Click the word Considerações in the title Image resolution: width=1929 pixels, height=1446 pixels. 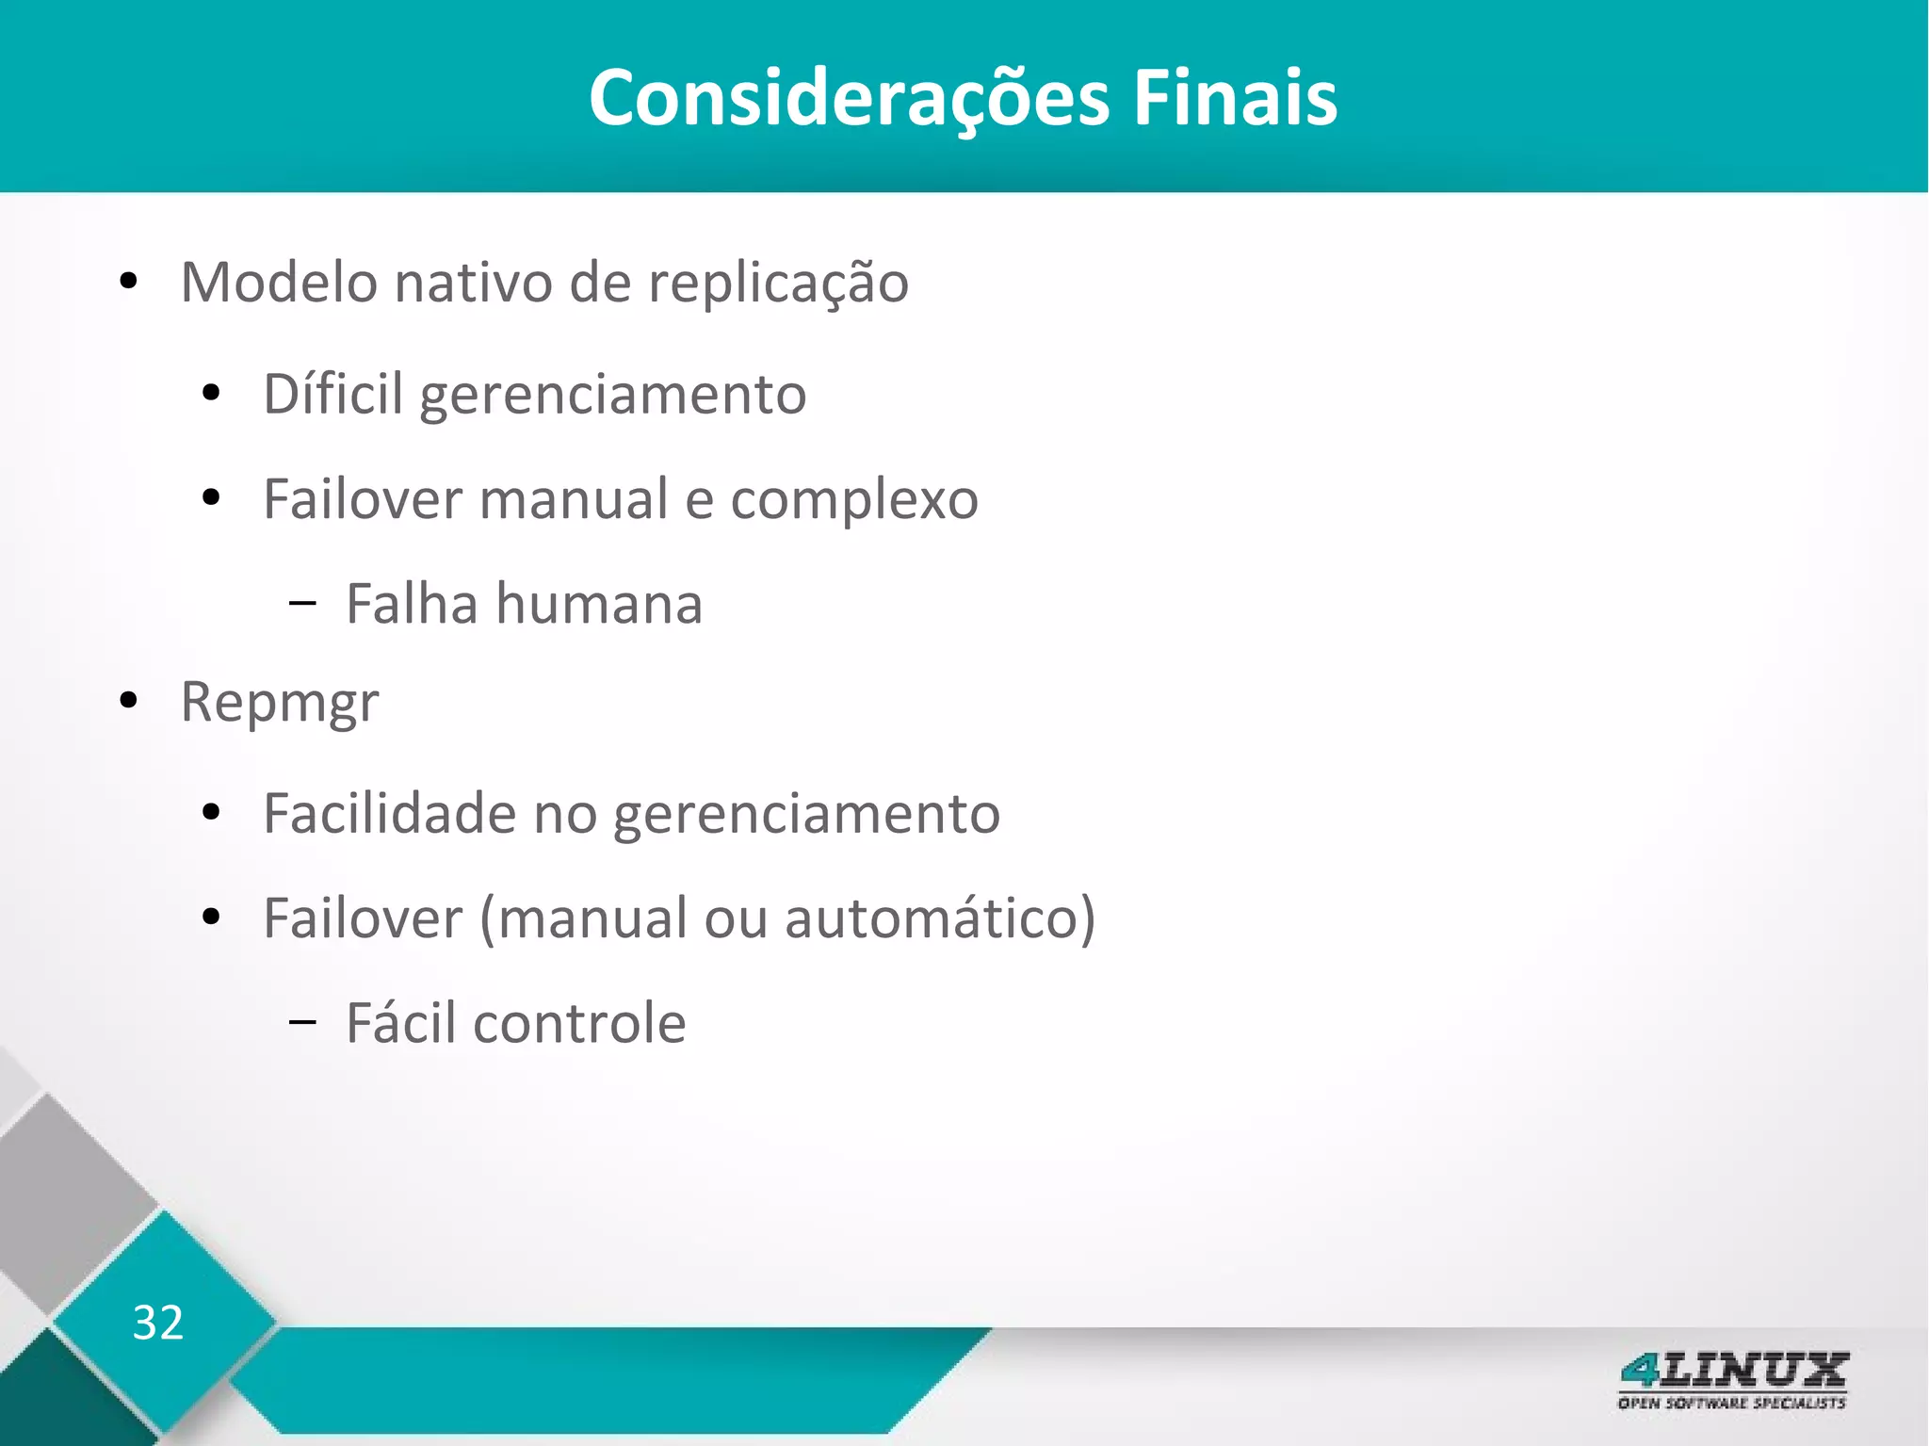click(849, 98)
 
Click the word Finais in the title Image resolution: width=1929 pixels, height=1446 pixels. click(1234, 98)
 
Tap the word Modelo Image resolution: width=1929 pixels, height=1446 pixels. click(279, 282)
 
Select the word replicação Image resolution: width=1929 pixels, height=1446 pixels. click(778, 284)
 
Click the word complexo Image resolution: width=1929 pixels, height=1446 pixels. click(854, 500)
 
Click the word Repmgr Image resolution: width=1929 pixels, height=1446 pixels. click(280, 703)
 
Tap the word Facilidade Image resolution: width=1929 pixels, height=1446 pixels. click(389, 813)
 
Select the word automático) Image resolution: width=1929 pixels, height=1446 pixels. click(940, 918)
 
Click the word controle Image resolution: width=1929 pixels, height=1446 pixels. click(579, 1023)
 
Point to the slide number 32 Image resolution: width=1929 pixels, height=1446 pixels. click(158, 1323)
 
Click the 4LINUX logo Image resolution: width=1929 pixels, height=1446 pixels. click(1733, 1371)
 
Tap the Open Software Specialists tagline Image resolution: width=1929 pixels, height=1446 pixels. click(1732, 1404)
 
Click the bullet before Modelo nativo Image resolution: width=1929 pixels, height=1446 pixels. click(129, 283)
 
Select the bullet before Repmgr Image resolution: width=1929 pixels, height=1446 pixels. click(129, 702)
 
